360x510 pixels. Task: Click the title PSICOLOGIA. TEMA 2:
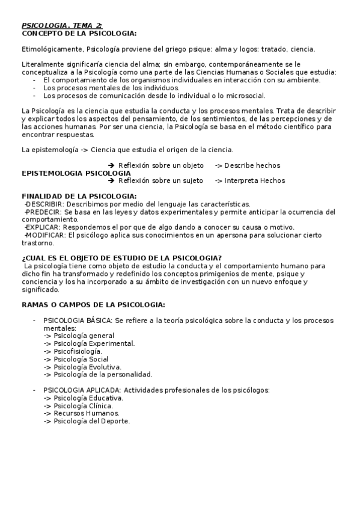point(62,25)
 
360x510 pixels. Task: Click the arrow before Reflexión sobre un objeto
point(111,165)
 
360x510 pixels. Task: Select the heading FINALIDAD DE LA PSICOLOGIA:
point(79,196)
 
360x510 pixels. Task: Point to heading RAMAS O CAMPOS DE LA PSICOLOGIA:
point(93,305)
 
